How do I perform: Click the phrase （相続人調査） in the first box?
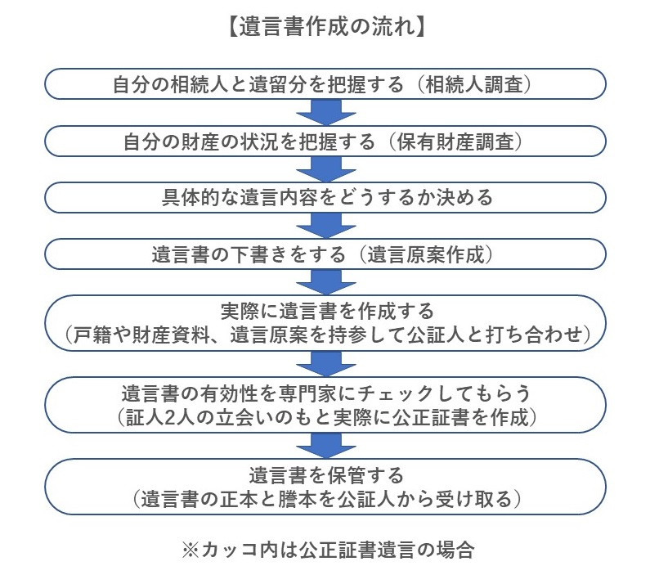(473, 84)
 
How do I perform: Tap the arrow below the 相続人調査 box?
(326, 112)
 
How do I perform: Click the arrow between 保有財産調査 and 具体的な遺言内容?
(326, 169)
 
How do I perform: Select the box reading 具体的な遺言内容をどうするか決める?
(325, 198)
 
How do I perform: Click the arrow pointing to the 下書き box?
(326, 226)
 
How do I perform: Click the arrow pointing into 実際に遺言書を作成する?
(326, 282)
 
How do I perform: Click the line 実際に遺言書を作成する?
(327, 312)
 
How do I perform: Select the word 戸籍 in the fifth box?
(93, 335)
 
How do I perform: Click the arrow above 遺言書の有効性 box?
(326, 364)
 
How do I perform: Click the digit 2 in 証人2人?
(170, 417)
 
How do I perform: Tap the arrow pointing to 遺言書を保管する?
(326, 446)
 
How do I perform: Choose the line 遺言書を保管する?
(326, 475)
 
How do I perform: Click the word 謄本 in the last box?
(298, 499)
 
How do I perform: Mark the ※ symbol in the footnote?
(191, 550)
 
